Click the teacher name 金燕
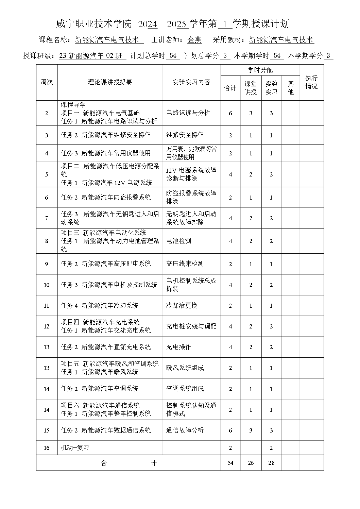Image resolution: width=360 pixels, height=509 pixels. pyautogui.click(x=194, y=40)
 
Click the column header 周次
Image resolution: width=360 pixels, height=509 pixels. pyautogui.click(x=47, y=82)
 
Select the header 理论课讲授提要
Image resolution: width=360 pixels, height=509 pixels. pyautogui.click(x=110, y=82)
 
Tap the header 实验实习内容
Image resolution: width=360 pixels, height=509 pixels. pyautogui.click(x=191, y=82)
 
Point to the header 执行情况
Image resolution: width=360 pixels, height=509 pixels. pyautogui.click(x=311, y=82)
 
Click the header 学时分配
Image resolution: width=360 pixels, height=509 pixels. pyautogui.click(x=260, y=70)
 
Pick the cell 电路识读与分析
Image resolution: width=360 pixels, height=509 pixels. pyautogui.click(x=188, y=113)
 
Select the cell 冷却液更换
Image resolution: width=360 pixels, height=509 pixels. pyautogui.click(x=182, y=305)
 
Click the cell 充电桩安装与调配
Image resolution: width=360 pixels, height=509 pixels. pyautogui.click(x=191, y=326)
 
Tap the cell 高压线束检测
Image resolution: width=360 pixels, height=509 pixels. pyautogui.click(x=185, y=264)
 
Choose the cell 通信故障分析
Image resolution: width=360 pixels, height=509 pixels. pyautogui.click(x=185, y=430)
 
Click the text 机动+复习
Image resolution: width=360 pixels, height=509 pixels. pyautogui.click(x=75, y=447)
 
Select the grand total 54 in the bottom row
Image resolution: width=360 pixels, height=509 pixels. pyautogui.click(x=230, y=463)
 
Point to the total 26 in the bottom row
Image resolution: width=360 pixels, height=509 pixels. pyautogui.click(x=251, y=463)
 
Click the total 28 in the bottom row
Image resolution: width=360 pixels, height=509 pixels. pyautogui.click(x=271, y=463)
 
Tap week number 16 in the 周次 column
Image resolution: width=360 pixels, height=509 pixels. pyautogui.click(x=47, y=447)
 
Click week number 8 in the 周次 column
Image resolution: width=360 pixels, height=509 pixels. pyautogui.click(x=47, y=241)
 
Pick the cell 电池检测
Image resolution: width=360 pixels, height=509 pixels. pyautogui.click(x=178, y=241)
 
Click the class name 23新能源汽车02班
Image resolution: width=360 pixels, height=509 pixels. pyautogui.click(x=92, y=56)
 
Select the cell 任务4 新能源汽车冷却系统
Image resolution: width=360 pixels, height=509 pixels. pyautogui.click(x=100, y=305)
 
